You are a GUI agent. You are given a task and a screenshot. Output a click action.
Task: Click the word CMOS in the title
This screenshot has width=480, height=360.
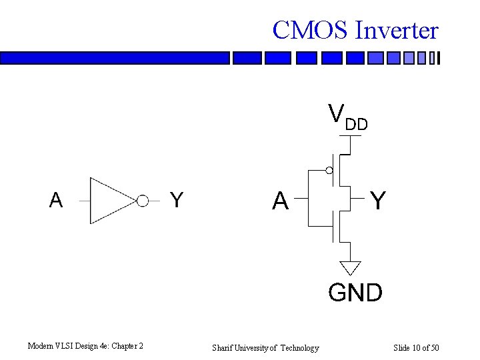point(311,31)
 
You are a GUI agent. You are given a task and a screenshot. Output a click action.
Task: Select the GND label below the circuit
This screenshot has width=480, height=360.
point(355,292)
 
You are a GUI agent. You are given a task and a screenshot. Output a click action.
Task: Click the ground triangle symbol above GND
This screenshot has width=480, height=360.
point(350,267)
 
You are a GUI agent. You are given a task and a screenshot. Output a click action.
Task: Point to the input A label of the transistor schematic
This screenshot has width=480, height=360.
point(280,200)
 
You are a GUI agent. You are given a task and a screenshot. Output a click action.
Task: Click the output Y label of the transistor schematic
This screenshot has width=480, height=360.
point(377,200)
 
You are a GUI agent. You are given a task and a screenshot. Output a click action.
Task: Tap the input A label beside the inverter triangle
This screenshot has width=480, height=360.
point(56,200)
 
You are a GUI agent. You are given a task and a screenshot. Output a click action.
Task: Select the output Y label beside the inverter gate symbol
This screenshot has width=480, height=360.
point(176,200)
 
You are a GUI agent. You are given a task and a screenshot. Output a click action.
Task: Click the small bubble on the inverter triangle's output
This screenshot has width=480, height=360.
point(143,201)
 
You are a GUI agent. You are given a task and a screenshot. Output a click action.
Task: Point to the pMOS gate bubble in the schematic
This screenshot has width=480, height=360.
point(329,171)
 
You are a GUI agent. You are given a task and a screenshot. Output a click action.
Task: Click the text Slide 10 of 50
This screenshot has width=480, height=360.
point(416,347)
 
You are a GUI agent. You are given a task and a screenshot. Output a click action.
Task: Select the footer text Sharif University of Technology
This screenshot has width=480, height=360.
point(265,347)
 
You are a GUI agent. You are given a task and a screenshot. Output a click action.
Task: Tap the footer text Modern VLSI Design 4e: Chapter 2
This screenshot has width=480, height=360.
point(85,346)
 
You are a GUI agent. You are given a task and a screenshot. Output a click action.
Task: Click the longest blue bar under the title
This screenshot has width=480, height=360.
point(115,59)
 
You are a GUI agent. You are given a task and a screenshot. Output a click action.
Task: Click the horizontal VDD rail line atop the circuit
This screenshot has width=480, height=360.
point(350,135)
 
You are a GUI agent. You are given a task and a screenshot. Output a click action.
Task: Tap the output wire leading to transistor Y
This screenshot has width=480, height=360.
point(359,198)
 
